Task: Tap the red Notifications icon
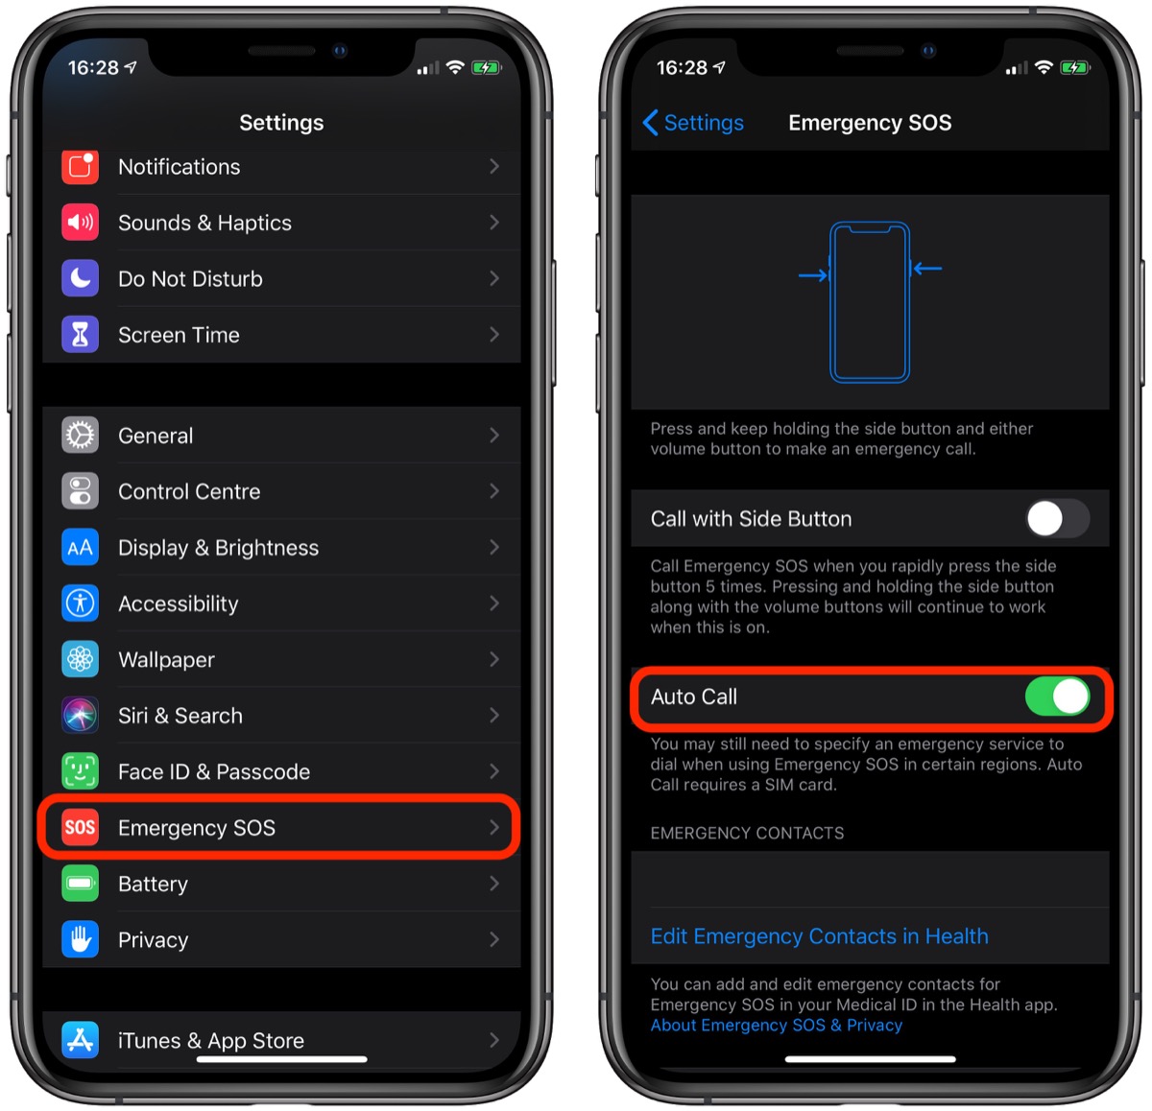pos(80,167)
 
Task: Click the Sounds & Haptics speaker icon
pos(80,223)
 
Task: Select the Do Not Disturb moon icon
pos(80,279)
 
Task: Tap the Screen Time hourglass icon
pos(80,335)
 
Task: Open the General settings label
pos(156,436)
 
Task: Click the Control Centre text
pos(189,491)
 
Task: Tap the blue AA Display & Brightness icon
pos(80,548)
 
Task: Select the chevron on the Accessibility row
pos(493,603)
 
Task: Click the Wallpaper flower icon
pos(80,660)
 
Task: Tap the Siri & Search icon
pos(80,716)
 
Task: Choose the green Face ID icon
pos(80,771)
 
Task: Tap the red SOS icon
pos(80,828)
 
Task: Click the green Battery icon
pos(80,884)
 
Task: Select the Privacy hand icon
pos(80,940)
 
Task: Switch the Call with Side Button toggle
pos(1056,519)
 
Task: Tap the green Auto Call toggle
pos(1056,697)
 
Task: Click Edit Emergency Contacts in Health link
pos(819,936)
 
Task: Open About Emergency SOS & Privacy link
pos(776,1026)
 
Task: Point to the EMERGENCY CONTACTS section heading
pos(747,833)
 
